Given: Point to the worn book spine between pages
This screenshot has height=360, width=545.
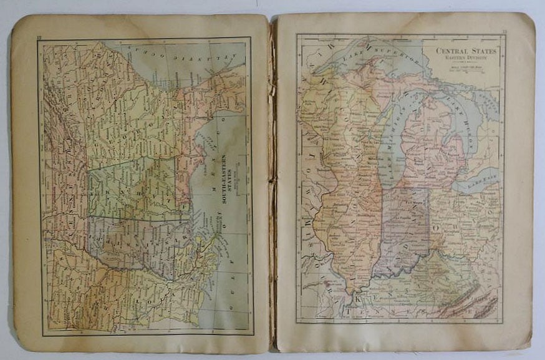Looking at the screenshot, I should pyautogui.click(x=272, y=181).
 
